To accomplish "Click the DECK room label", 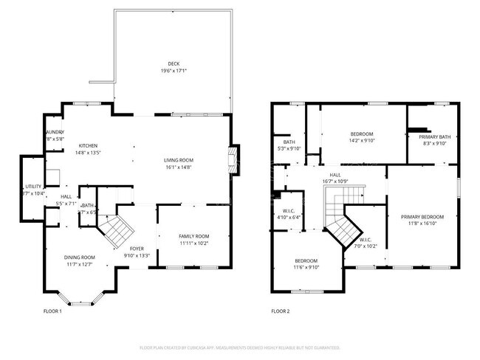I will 174,63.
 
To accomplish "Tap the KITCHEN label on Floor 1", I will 89,146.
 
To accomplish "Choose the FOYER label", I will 137,249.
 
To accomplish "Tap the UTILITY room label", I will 33,187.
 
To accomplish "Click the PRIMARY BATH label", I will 434,136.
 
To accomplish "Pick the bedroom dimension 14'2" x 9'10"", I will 361,140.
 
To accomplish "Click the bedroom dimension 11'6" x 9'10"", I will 306,268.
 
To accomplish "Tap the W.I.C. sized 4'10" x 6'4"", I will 289,217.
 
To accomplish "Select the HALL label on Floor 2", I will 334,175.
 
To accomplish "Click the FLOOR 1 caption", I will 52,312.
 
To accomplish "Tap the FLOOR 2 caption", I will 280,312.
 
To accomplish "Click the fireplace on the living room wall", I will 233,160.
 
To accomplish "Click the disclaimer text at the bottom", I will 239,347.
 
